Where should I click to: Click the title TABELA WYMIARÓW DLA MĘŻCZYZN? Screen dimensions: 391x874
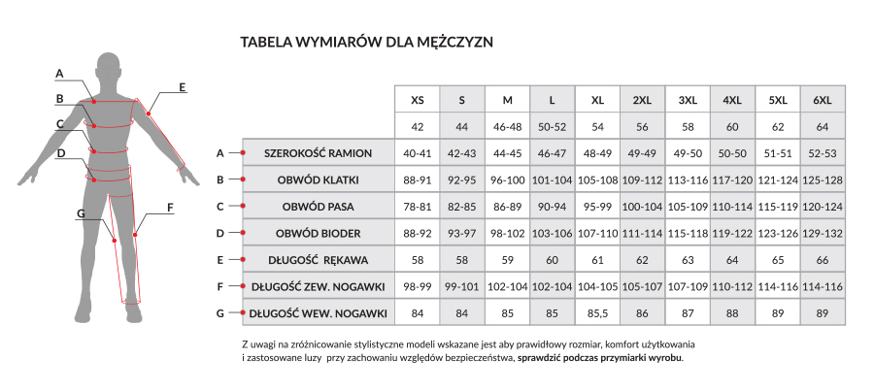click(368, 43)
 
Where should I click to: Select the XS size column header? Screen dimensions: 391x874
click(418, 100)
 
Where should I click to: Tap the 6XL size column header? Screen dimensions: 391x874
click(823, 100)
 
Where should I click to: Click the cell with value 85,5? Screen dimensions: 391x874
click(597, 313)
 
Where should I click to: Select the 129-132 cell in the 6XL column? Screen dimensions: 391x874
click(823, 233)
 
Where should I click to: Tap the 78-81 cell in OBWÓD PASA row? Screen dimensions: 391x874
click(418, 207)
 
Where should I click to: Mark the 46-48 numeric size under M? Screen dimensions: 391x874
click(507, 127)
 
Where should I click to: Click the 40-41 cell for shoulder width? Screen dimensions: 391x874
click(418, 153)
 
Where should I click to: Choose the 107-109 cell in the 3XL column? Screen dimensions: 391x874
click(688, 286)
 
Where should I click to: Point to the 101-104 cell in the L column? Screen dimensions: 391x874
click(552, 179)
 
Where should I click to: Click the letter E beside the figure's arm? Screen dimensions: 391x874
click(182, 87)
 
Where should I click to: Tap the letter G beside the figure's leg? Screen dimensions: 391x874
click(81, 212)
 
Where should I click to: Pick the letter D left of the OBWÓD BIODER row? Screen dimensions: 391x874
click(220, 233)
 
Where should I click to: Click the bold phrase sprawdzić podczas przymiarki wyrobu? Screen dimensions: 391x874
click(600, 357)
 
